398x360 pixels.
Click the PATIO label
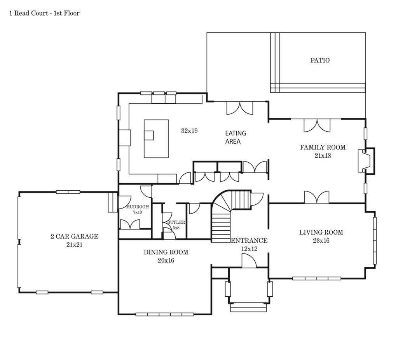click(x=320, y=60)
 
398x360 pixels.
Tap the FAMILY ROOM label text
click(x=323, y=148)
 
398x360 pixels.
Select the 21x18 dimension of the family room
click(x=323, y=156)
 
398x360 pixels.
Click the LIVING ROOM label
click(x=321, y=232)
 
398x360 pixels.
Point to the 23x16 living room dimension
click(x=321, y=240)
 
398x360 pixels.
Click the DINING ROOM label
click(x=166, y=252)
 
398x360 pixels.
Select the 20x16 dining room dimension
click(x=166, y=261)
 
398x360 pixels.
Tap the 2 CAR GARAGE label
click(x=74, y=237)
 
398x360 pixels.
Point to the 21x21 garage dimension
click(x=74, y=245)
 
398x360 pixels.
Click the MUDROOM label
click(x=138, y=207)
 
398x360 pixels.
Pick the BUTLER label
click(x=176, y=222)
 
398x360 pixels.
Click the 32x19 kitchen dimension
click(x=189, y=131)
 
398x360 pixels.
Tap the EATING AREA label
click(x=236, y=137)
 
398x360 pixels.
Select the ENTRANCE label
click(x=249, y=240)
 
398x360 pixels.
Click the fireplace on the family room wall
click(x=366, y=161)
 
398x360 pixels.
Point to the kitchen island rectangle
click(x=156, y=139)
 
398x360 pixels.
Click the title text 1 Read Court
click(x=29, y=13)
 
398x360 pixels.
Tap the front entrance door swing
click(x=249, y=261)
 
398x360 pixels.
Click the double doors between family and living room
click(x=317, y=197)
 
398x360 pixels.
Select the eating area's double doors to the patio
click(x=239, y=108)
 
